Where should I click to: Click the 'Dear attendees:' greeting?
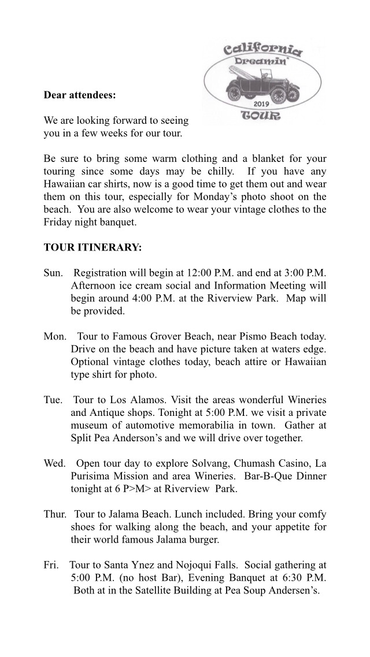tap(80, 95)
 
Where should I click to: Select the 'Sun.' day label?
tap(54, 272)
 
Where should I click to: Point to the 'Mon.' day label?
tap(55, 336)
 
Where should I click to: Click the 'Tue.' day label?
tap(54, 400)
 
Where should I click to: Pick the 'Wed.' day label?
tap(55, 464)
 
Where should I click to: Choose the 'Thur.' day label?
tap(55, 514)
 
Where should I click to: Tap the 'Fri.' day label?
tap(51, 565)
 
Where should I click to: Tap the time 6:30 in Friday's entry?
tap(290, 578)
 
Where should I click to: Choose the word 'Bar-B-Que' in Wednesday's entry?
tap(264, 477)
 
